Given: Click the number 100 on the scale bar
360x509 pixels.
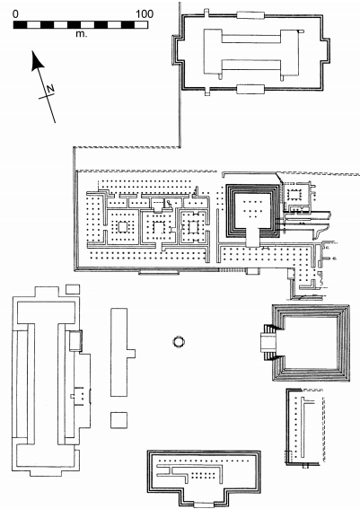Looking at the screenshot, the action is click(145, 14).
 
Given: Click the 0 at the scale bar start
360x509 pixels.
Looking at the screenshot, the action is click(15, 14).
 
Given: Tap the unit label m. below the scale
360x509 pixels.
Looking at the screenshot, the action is click(82, 34).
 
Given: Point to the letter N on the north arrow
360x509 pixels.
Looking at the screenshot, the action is click(50, 89).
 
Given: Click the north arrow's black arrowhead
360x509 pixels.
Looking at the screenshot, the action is click(37, 61).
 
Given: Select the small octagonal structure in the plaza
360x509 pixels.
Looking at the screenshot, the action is click(179, 342).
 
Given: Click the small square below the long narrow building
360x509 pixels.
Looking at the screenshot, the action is click(119, 420).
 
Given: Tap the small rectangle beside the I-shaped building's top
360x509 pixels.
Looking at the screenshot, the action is click(73, 289).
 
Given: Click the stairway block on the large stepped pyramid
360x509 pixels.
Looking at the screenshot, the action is click(268, 342).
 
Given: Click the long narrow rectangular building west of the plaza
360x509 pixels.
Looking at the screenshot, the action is click(119, 352).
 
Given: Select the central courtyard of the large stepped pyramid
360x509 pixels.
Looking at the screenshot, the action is click(312, 342).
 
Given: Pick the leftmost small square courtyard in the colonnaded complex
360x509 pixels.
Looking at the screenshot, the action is click(123, 226).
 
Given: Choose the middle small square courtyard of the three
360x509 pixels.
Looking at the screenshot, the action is click(159, 227).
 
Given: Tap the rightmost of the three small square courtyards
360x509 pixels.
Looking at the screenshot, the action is click(193, 226).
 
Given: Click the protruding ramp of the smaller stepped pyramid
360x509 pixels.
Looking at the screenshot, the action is click(253, 237).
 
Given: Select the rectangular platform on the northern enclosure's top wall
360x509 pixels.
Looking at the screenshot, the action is click(250, 15).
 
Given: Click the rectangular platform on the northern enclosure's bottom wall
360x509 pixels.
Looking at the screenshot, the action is click(250, 89).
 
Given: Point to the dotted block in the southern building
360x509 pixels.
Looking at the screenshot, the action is click(203, 476).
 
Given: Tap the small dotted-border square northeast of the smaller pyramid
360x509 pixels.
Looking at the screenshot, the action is click(295, 195).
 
